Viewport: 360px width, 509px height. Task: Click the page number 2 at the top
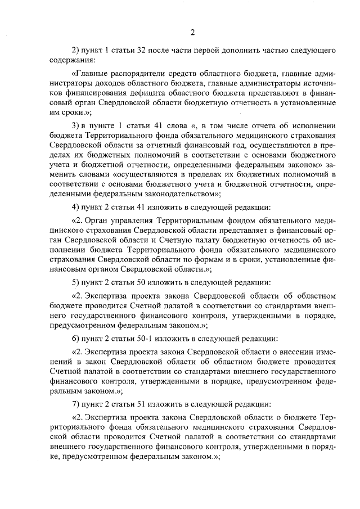192,31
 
